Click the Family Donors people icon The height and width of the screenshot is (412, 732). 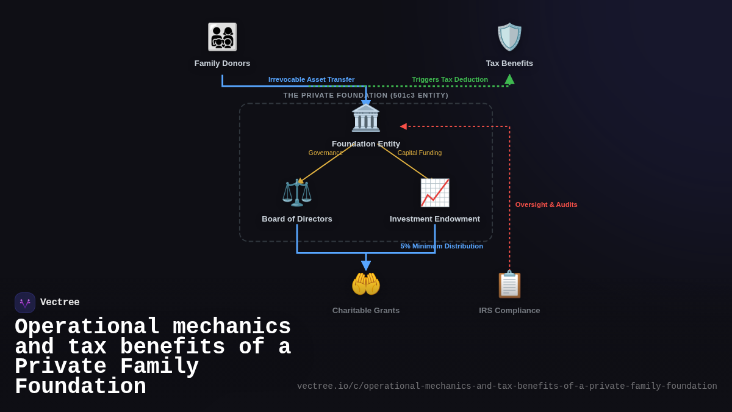[x=222, y=37]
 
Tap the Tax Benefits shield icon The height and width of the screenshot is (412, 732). [x=509, y=37]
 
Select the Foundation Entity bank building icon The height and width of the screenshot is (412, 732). [x=365, y=118]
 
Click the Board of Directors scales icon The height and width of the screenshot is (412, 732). [x=297, y=192]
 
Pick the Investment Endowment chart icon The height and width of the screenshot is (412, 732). [x=434, y=193]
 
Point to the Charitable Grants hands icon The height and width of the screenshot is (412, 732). [x=366, y=284]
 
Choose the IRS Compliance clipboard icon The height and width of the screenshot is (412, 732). [x=509, y=284]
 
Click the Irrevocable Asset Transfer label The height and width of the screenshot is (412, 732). [x=311, y=79]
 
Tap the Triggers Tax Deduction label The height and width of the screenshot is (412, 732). [x=450, y=79]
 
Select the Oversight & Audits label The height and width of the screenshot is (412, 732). [x=546, y=204]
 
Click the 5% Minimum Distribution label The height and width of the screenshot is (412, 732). [x=442, y=246]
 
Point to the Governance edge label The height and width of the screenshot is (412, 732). [x=325, y=153]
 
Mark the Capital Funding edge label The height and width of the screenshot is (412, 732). [x=420, y=153]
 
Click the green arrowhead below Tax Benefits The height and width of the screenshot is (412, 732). [x=509, y=79]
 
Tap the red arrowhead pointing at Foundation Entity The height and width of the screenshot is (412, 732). [x=403, y=126]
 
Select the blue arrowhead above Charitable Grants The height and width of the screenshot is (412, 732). [x=366, y=266]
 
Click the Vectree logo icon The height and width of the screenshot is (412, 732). [x=25, y=303]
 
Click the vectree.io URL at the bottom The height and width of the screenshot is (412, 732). [x=507, y=386]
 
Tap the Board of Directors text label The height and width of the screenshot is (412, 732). [x=297, y=219]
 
